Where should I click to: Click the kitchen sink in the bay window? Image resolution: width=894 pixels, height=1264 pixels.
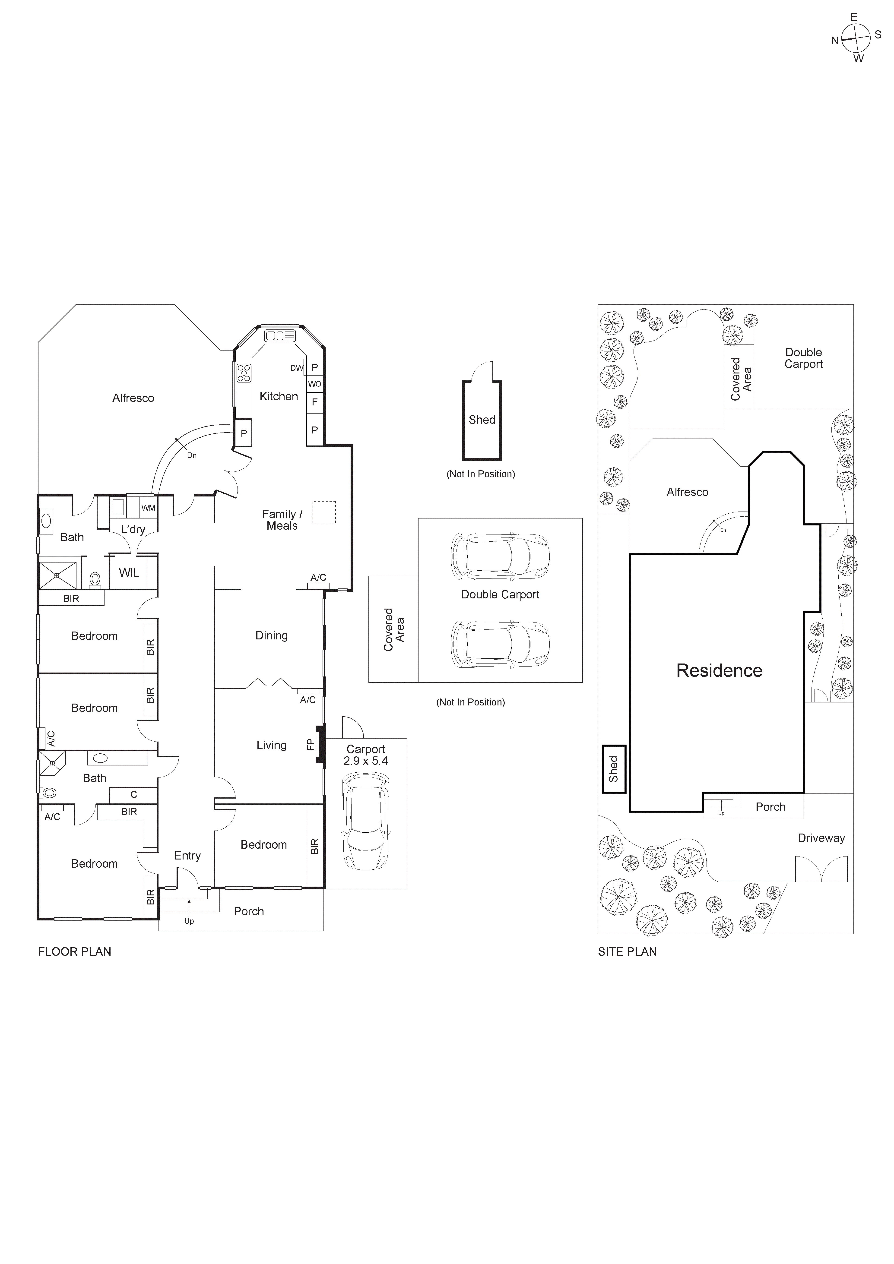coord(280,336)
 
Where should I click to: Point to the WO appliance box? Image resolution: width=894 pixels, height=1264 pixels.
coord(314,384)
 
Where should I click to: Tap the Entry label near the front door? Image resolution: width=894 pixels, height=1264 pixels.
coord(187,856)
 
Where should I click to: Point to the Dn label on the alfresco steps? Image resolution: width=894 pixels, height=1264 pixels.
coord(192,455)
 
